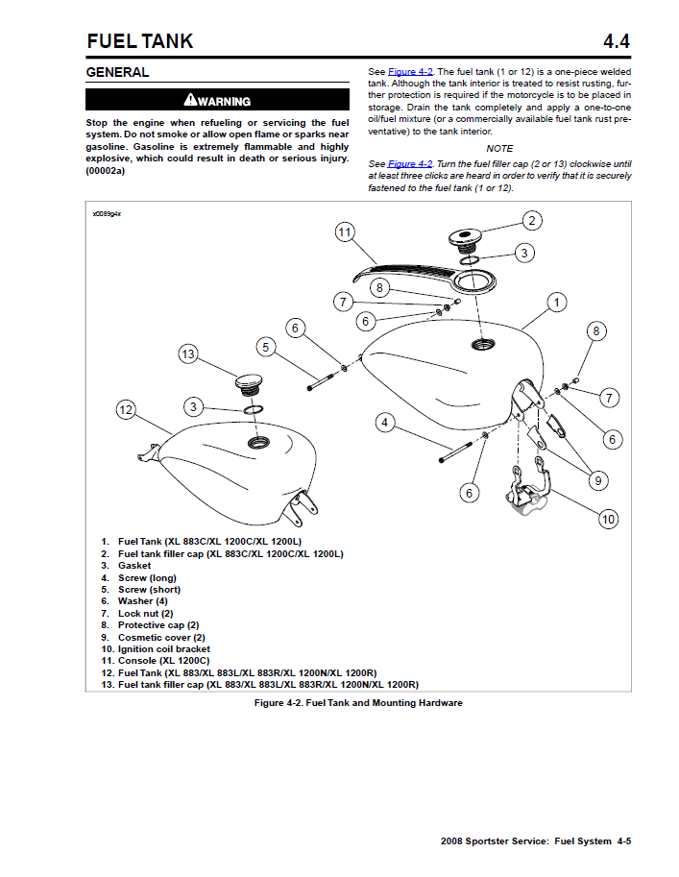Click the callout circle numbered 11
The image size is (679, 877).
(346, 231)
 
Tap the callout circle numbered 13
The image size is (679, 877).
(187, 354)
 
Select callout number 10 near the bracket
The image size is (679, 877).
(608, 520)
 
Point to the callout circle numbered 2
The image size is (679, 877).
(532, 220)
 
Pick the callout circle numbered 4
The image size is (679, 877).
(384, 422)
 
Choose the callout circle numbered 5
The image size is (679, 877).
(266, 346)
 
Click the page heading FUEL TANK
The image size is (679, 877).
(140, 40)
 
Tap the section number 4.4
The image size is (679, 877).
(616, 40)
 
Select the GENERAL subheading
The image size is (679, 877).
(117, 72)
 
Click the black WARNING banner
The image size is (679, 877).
(217, 101)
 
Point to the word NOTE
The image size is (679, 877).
(499, 149)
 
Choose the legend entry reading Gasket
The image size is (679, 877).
(134, 566)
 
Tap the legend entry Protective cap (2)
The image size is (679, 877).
(158, 625)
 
